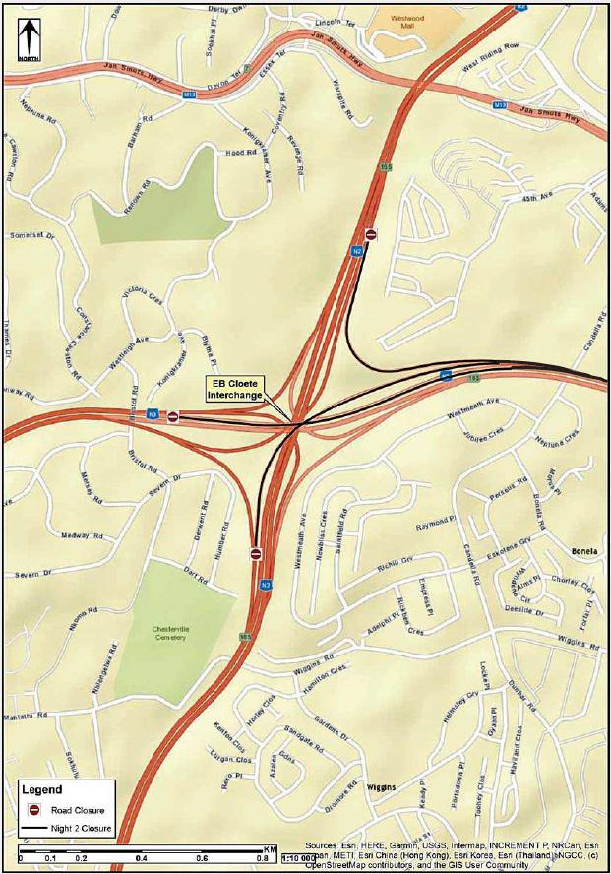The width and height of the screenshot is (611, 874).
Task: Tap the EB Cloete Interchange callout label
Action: [235, 388]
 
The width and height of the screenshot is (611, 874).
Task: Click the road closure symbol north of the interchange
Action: [371, 234]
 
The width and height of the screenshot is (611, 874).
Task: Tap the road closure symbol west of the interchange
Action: [173, 416]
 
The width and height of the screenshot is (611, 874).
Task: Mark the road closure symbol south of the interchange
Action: [256, 554]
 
